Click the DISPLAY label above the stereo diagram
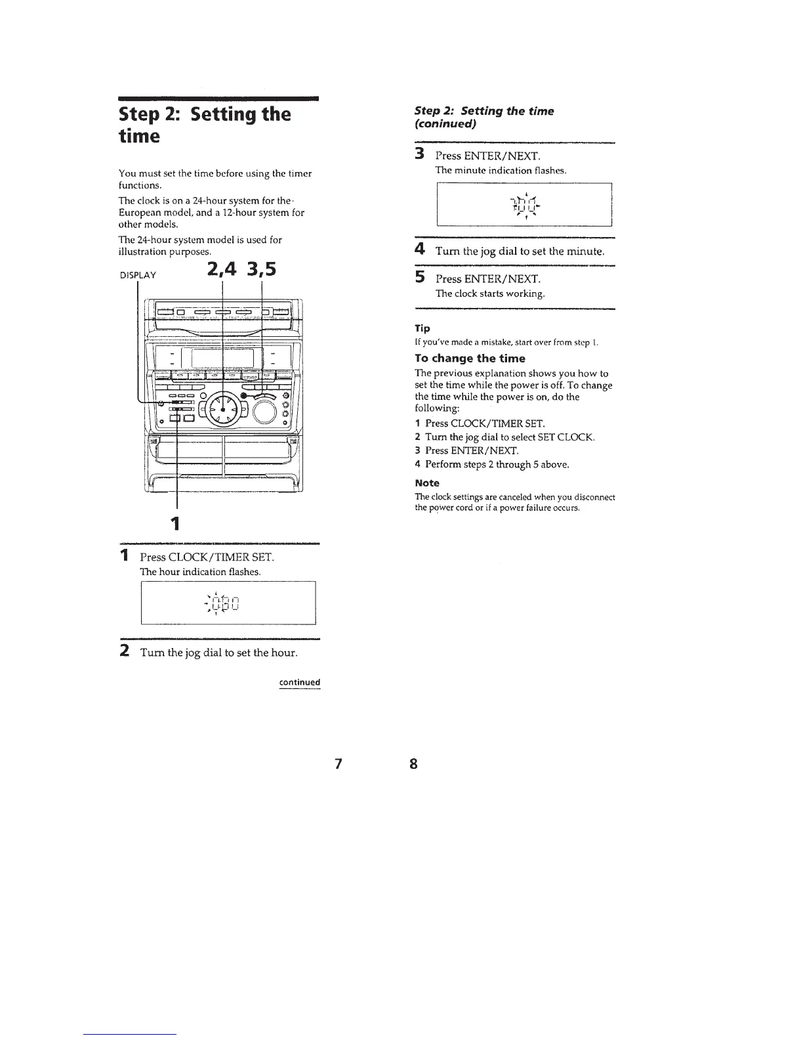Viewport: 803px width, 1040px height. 138,274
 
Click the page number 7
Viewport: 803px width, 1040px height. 338,764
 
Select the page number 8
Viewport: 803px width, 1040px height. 413,764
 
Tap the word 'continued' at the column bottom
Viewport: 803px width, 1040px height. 300,682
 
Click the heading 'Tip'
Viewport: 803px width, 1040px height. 422,328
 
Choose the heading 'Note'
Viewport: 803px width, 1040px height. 427,483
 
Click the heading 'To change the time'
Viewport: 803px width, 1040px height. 470,358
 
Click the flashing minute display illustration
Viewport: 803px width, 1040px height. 524,204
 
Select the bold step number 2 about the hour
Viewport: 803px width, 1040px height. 124,653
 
